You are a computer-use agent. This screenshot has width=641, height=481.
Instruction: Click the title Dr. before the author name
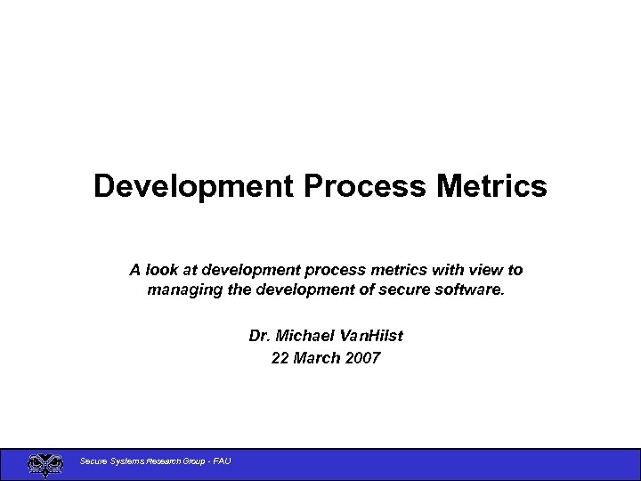260,337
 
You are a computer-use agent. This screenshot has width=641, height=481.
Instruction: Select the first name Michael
303,337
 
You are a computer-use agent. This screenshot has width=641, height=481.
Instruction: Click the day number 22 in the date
280,358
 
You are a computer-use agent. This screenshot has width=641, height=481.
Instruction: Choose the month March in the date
316,358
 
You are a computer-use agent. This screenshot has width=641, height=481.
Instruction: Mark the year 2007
362,358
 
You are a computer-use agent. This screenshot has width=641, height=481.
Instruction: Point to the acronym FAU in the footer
222,461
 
